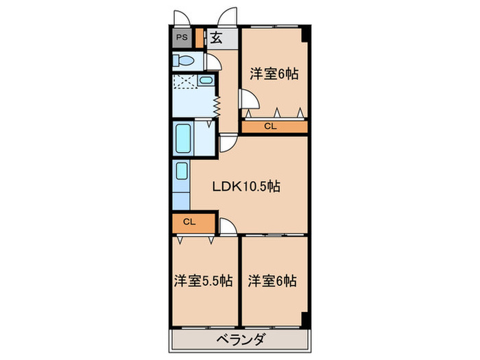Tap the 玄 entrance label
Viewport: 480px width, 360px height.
click(215, 38)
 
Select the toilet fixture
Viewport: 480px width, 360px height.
click(184, 61)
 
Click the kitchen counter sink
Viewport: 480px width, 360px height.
click(181, 171)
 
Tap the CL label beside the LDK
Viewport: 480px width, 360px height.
click(189, 222)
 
